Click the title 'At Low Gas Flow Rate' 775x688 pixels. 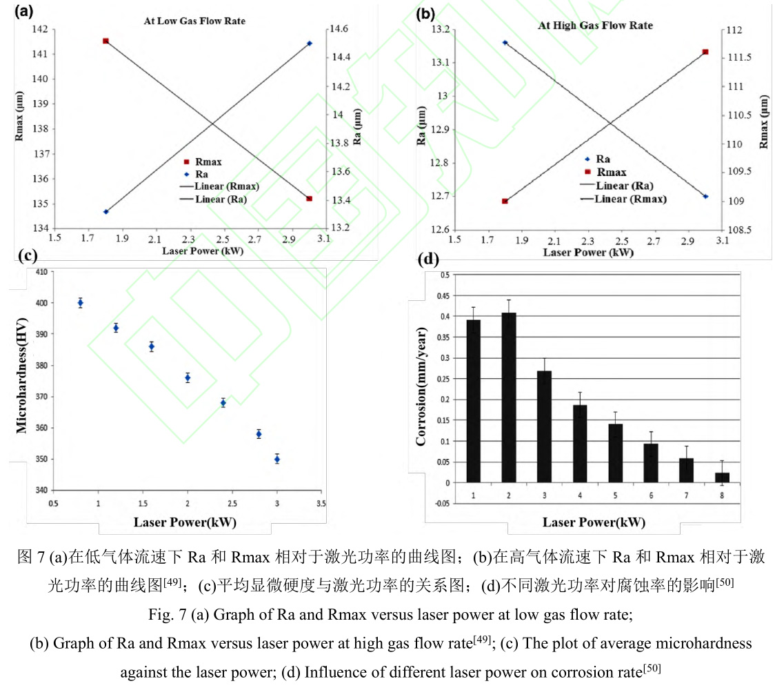click(194, 21)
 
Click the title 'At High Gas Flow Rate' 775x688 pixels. click(595, 26)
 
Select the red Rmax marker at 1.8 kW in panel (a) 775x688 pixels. click(105, 41)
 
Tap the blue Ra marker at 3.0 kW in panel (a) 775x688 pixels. click(309, 43)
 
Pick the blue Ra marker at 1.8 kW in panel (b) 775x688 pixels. click(505, 43)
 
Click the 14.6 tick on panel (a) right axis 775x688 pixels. click(341, 30)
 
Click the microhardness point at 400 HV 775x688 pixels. click(81, 303)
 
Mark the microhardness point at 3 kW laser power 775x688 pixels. click(277, 459)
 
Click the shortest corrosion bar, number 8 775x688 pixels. click(722, 477)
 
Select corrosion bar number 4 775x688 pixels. click(580, 443)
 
